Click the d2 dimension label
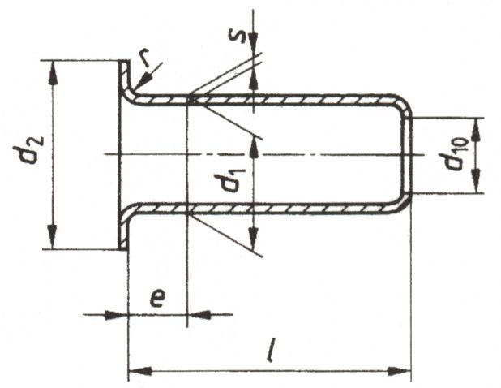pos(28,149)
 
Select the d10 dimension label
pos(453,154)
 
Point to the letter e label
pos(157,298)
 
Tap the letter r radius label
pos(146,59)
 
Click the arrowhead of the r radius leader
pos(142,81)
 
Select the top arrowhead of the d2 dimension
pos(53,72)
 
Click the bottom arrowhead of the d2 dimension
pos(53,237)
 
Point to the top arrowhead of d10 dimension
pos(475,130)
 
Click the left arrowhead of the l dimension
pos(140,372)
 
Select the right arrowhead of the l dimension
pos(399,372)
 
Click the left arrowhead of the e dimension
pos(116,315)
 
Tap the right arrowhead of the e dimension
pos(199,315)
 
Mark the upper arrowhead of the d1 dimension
pos(254,147)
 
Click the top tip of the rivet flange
pos(124,61)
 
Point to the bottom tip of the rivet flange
pos(123,249)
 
